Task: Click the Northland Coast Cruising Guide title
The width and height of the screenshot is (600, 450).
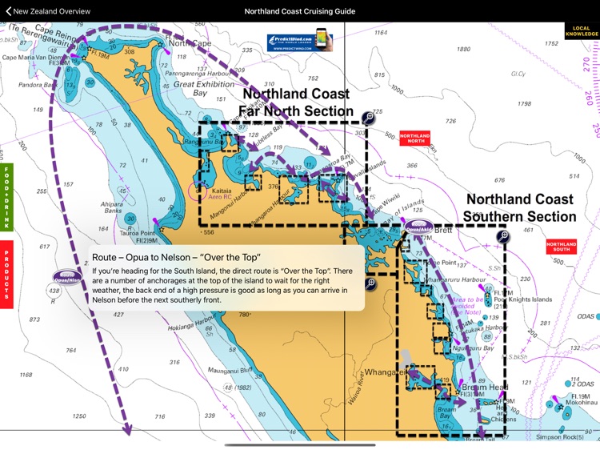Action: (299, 12)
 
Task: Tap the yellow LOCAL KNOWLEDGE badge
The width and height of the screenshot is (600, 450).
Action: (582, 31)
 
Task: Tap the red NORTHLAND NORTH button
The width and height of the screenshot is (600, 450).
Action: (415, 138)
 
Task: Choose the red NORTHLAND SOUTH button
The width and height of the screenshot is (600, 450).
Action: (562, 247)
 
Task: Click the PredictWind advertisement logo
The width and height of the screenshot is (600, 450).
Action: (299, 42)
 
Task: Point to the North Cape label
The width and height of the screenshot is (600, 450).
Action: (190, 43)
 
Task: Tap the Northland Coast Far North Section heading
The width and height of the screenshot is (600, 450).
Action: (297, 102)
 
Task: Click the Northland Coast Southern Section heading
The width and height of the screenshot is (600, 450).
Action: (521, 207)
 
